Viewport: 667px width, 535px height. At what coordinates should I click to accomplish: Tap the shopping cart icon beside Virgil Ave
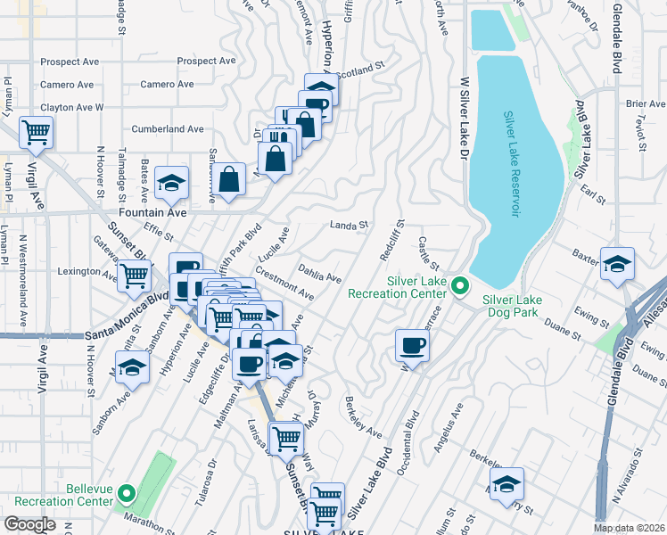pos(37,134)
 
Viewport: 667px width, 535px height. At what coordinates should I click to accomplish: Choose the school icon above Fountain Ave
pos(172,183)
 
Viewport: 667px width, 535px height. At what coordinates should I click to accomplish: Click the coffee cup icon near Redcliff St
pos(412,345)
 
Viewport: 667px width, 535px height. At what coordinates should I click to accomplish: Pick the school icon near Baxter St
pos(617,264)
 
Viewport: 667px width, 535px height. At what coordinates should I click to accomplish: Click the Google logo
pos(29,524)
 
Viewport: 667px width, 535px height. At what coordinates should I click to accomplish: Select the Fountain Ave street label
pos(161,213)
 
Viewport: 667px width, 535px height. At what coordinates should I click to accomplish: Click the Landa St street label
pos(349,226)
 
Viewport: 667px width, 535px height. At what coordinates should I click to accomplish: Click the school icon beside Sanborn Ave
pos(132,366)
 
